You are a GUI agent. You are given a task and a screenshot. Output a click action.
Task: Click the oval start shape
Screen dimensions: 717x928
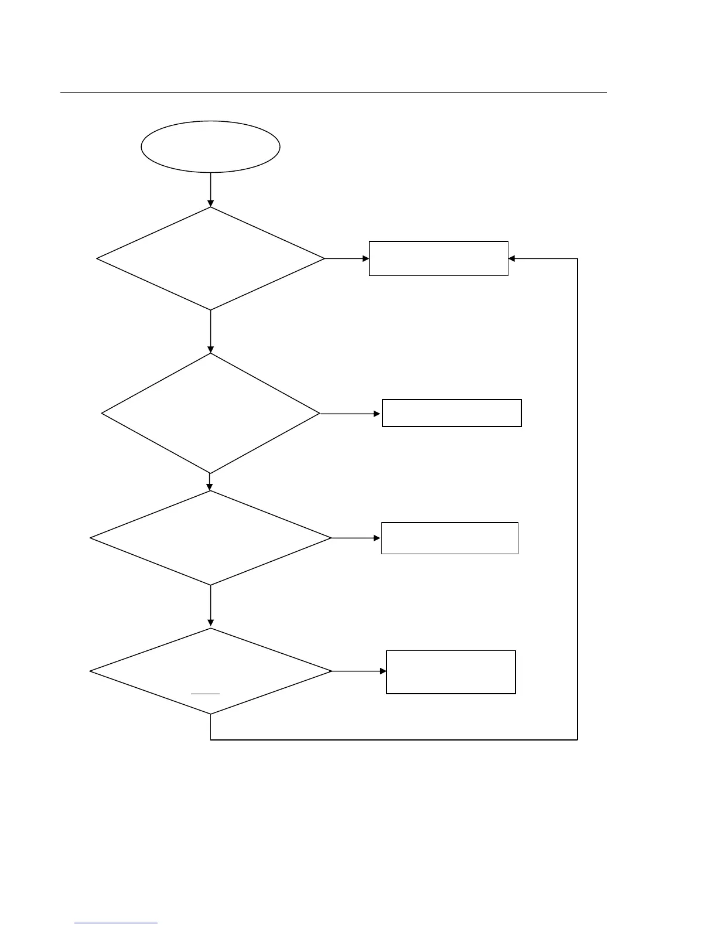(210, 146)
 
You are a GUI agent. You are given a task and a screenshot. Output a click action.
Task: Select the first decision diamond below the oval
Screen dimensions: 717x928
(210, 258)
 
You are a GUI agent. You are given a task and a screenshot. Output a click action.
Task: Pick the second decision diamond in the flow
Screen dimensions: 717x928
(210, 413)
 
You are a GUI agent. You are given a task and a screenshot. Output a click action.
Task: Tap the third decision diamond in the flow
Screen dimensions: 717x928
(210, 538)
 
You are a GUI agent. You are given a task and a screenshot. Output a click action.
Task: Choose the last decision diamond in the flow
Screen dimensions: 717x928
(210, 671)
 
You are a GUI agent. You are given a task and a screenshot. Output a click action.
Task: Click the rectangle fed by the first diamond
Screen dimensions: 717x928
(438, 258)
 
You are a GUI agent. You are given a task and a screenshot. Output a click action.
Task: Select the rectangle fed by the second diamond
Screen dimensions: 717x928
(452, 413)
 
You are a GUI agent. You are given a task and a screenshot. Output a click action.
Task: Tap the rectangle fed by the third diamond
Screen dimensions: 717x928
(449, 538)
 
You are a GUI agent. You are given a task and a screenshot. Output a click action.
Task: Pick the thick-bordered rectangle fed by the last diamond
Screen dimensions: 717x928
(450, 672)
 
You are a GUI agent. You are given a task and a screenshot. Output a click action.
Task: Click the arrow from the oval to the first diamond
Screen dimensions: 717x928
(210, 189)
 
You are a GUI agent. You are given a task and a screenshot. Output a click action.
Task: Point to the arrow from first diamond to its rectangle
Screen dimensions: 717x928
(347, 258)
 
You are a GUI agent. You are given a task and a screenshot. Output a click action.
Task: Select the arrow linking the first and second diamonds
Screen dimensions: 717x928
(210, 331)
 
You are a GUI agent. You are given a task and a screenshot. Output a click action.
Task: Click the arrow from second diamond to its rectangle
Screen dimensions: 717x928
(351, 414)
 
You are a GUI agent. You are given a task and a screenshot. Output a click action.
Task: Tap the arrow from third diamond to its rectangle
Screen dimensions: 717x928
(356, 538)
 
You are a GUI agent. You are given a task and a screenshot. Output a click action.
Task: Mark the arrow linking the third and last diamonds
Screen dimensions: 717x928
(210, 606)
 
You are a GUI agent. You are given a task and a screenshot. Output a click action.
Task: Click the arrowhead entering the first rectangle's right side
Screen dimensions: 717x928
(511, 258)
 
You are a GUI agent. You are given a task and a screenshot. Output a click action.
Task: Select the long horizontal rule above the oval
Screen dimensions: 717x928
(333, 92)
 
